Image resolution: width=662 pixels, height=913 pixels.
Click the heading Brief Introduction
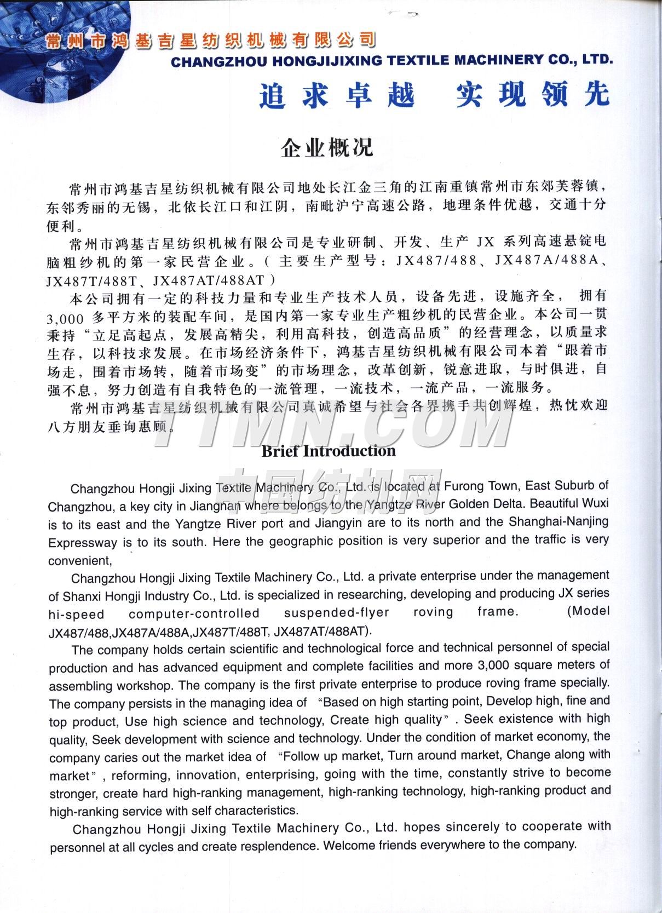click(329, 451)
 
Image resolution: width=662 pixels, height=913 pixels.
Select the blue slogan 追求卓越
click(337, 95)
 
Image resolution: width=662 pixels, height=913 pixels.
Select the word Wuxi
click(594, 503)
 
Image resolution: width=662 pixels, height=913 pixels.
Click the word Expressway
click(83, 543)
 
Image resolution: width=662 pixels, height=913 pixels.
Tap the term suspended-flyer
click(336, 612)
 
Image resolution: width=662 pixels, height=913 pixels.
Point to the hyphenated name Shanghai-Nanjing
click(559, 521)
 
